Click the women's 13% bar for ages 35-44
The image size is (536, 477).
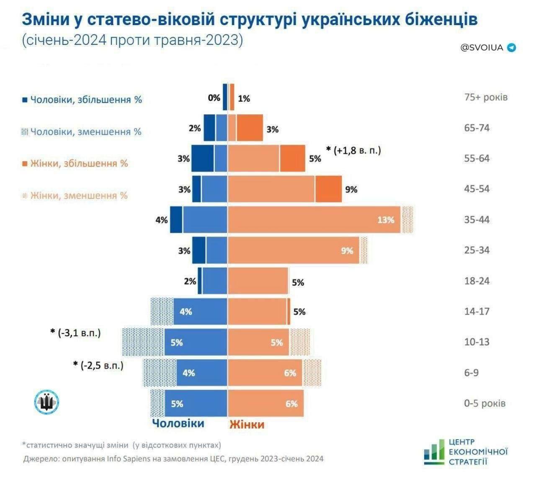[x=314, y=219]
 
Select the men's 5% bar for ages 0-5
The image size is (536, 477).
[x=196, y=403]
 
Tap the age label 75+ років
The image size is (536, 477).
[x=485, y=97]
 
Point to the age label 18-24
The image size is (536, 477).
[x=477, y=281]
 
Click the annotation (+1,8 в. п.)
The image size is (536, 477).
[x=354, y=150]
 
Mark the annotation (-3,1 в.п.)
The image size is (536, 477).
[x=76, y=333]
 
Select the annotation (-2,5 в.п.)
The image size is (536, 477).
[x=99, y=365]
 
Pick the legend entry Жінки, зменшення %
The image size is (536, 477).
[x=75, y=195]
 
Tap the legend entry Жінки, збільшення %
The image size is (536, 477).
[x=75, y=163]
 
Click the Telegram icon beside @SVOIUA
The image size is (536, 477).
[x=511, y=48]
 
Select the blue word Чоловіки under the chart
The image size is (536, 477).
[x=178, y=423]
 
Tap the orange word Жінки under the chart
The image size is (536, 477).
[x=247, y=424]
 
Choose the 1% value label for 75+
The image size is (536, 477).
[x=244, y=98]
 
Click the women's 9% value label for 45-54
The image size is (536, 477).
[x=351, y=189]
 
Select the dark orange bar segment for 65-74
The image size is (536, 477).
[x=250, y=128]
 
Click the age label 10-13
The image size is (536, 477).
[x=477, y=342]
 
